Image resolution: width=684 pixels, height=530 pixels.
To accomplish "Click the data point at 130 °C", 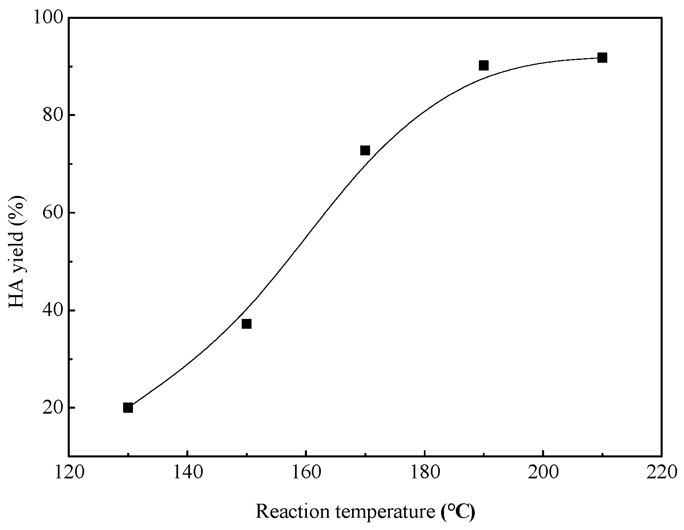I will [128, 408].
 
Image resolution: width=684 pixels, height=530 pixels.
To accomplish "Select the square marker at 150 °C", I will [247, 324].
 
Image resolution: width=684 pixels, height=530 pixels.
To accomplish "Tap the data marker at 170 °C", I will [365, 150].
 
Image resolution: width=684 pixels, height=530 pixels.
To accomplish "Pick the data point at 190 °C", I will [484, 65].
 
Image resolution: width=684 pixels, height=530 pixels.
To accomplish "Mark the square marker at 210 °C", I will [602, 58].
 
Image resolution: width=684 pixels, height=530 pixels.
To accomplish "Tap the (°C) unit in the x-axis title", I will [458, 512].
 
